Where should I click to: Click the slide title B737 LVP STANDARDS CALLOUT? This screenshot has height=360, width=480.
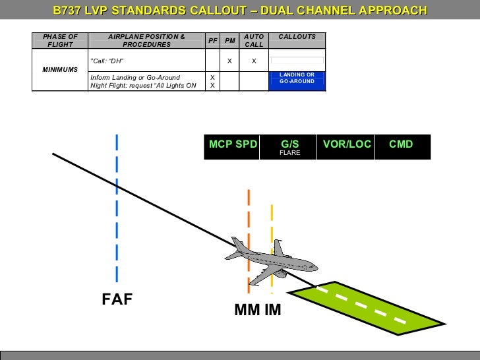pyautogui.click(x=240, y=11)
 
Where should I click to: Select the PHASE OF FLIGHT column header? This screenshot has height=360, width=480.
pyautogui.click(x=60, y=40)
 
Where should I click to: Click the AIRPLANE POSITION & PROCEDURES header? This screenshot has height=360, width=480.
pyautogui.click(x=146, y=40)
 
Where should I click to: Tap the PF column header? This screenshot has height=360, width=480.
pyautogui.click(x=212, y=41)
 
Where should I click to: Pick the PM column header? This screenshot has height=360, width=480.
pyautogui.click(x=229, y=41)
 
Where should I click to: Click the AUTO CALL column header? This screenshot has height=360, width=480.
pyautogui.click(x=254, y=40)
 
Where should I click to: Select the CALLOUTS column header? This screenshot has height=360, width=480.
pyautogui.click(x=297, y=37)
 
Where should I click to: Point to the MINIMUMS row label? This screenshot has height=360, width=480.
pyautogui.click(x=60, y=69)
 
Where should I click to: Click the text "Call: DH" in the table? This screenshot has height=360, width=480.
pyautogui.click(x=107, y=61)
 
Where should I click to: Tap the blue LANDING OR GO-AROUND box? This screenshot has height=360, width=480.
pyautogui.click(x=297, y=78)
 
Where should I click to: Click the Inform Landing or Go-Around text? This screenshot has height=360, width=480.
pyautogui.click(x=135, y=77)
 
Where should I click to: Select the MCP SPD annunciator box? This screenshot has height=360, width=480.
pyautogui.click(x=233, y=144)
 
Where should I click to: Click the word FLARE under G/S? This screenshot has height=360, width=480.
pyautogui.click(x=290, y=153)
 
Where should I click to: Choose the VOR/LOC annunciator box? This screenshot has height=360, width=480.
pyautogui.click(x=347, y=144)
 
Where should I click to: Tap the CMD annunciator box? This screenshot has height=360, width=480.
pyautogui.click(x=402, y=144)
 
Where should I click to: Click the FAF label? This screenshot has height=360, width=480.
pyautogui.click(x=117, y=300)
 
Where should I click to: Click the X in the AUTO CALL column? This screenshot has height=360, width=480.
pyautogui.click(x=254, y=61)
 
